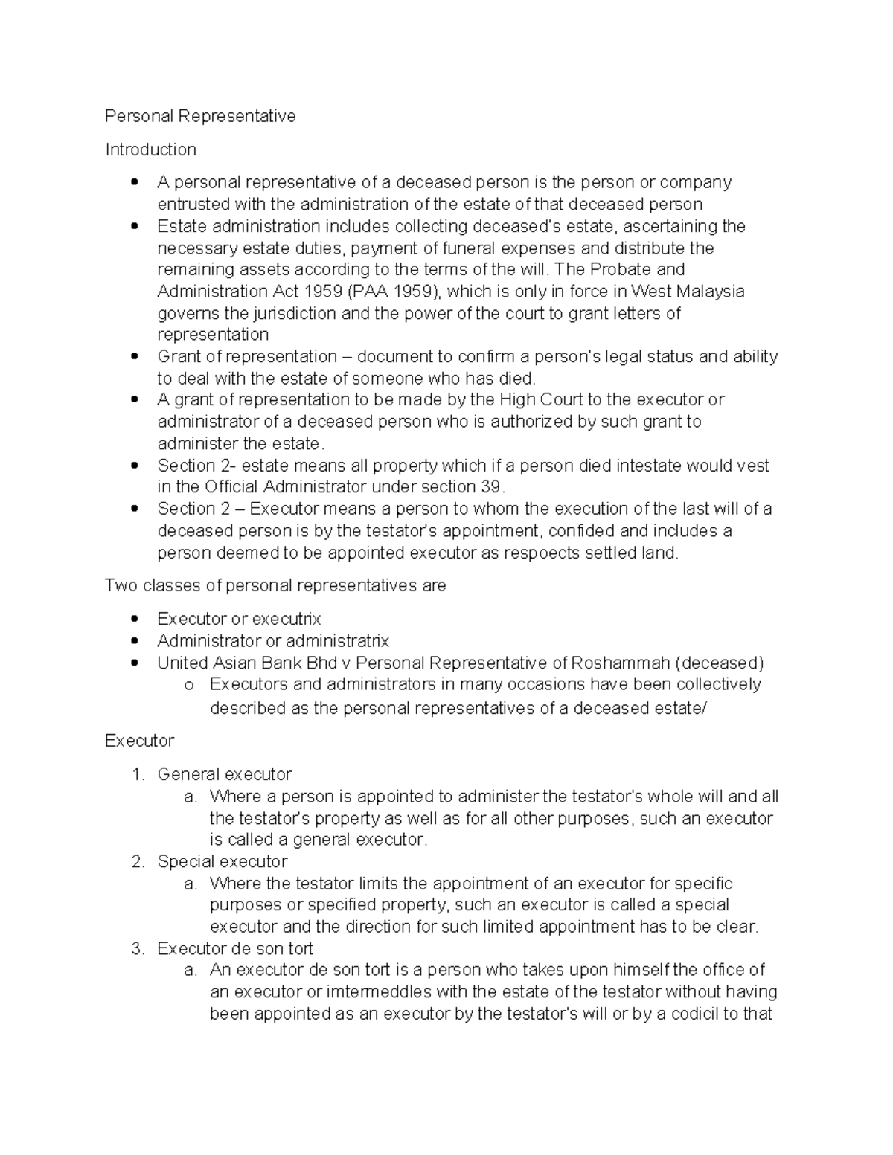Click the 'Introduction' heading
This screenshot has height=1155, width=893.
coord(150,149)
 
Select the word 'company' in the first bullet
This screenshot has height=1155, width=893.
coord(696,182)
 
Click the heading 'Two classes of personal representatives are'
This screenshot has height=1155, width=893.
coord(275,585)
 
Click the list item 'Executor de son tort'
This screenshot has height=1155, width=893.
coord(235,948)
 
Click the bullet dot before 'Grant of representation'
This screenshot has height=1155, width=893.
coord(134,356)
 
